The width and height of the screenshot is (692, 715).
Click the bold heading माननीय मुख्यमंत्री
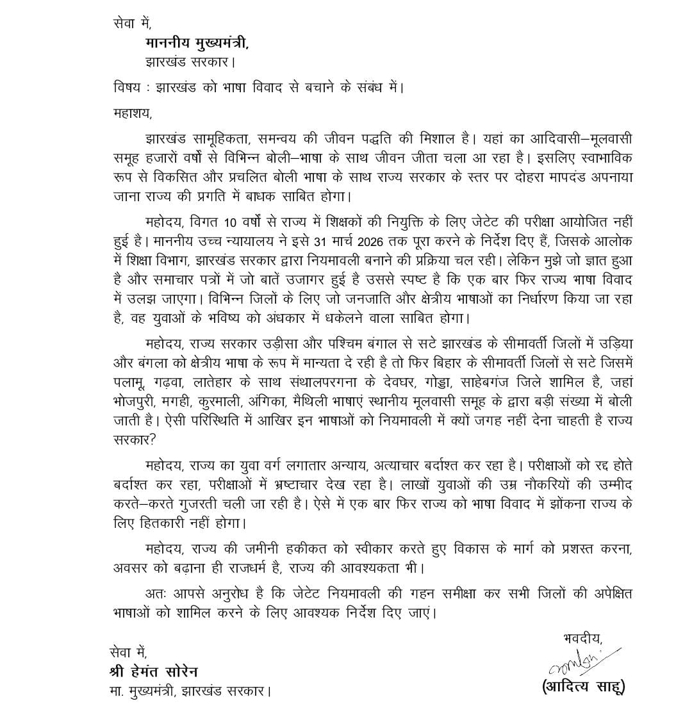coord(195,43)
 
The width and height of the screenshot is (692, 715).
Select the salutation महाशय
coord(131,113)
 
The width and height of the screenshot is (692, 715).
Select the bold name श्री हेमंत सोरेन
coord(154,671)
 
